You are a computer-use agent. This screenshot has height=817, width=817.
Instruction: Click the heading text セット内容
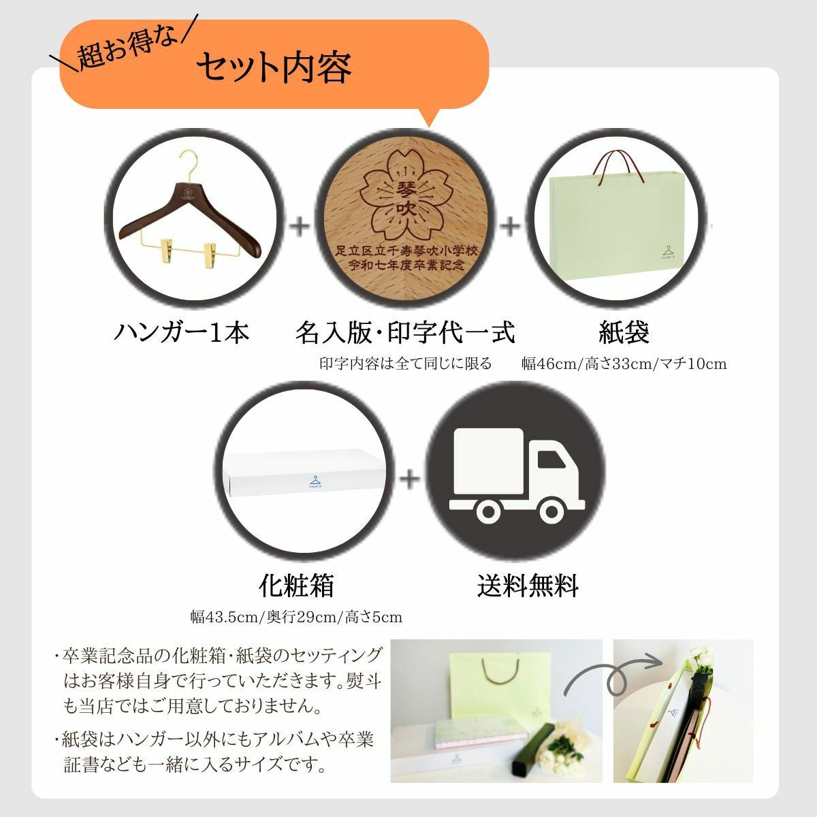point(274,67)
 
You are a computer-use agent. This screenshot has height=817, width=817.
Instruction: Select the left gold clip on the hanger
point(165,251)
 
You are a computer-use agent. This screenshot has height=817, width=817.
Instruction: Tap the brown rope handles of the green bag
point(618,166)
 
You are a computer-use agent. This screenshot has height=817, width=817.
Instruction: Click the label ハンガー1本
point(181,332)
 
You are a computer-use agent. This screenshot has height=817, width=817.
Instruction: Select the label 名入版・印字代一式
point(405,332)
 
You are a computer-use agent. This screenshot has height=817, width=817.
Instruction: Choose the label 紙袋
point(624,332)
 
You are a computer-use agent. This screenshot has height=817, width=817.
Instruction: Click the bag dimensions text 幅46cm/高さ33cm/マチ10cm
point(624,364)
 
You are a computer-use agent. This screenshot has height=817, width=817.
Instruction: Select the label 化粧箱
point(296,585)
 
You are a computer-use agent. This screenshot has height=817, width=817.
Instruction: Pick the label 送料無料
point(528,585)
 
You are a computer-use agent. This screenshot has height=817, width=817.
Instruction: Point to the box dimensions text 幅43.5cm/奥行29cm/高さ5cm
point(296,618)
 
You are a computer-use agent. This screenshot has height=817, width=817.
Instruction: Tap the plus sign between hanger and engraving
point(300,225)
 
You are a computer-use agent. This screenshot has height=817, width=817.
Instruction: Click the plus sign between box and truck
point(410,479)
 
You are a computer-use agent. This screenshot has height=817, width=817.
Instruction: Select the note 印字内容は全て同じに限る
point(405,364)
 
